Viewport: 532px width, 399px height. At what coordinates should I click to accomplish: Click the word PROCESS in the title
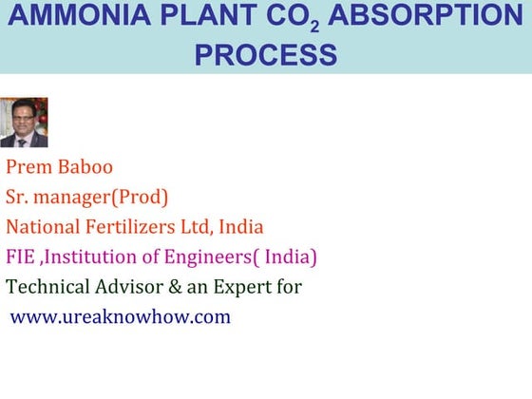pos(265,54)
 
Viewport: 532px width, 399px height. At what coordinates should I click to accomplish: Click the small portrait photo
pos(24,123)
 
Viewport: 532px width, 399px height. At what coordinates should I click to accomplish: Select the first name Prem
pos(28,167)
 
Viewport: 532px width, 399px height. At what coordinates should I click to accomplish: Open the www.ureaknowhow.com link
pos(121,316)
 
